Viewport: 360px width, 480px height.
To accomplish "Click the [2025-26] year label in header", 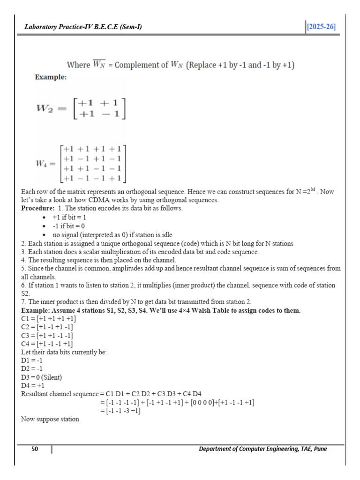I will (321, 27).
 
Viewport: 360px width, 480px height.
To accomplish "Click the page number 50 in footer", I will (35, 449).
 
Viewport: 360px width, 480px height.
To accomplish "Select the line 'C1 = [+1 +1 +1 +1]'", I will (49, 318).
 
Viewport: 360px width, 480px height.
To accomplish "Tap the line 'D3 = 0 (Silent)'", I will (45, 377).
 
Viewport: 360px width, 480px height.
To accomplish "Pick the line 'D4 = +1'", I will (33, 385).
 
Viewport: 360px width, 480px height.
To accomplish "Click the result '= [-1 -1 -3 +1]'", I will (120, 411).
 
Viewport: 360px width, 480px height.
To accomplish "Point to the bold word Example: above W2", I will (51, 78).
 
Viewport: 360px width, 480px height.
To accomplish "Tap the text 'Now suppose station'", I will (50, 419).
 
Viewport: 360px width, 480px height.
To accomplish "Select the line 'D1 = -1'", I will (32, 360).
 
